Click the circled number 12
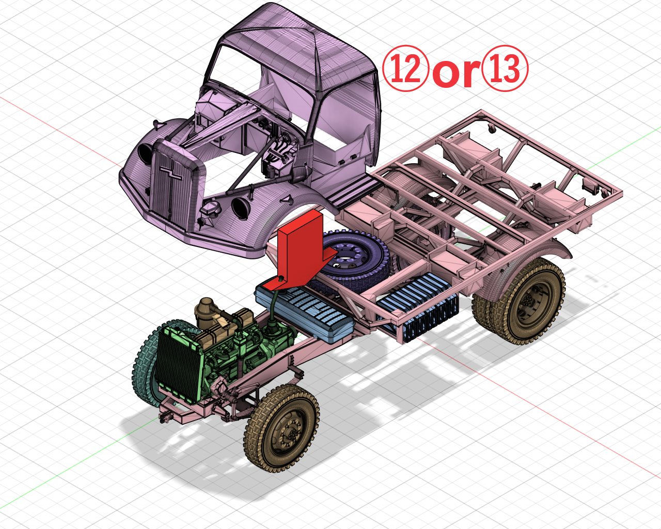pyautogui.click(x=405, y=69)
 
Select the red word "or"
pyautogui.click(x=455, y=72)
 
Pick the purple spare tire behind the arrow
pyautogui.click(x=361, y=258)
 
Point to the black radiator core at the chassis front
pyautogui.click(x=176, y=362)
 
